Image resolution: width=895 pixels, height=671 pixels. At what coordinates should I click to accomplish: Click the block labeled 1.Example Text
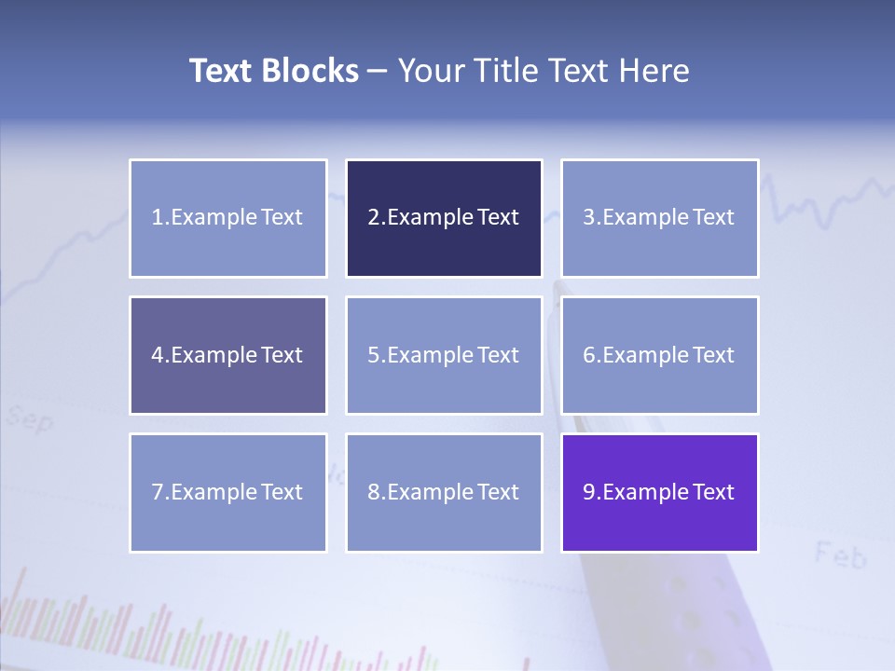pos(227,218)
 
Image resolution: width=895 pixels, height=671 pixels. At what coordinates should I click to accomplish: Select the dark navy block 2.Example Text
pos(444,218)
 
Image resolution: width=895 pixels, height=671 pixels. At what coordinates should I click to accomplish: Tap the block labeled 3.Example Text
pos(659,218)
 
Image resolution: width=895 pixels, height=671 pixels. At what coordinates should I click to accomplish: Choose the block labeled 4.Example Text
pos(227,355)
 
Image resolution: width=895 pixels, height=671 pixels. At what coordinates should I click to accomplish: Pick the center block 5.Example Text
pos(444,355)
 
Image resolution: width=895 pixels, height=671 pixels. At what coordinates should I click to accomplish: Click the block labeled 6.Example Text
pos(659,355)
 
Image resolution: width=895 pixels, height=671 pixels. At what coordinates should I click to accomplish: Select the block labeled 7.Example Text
pos(227,492)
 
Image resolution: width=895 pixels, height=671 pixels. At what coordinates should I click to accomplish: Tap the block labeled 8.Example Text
pos(444,492)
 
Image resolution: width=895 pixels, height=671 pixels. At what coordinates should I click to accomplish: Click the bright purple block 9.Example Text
pos(659,492)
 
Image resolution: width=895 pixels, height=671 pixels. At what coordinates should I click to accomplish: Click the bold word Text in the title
pos(219,71)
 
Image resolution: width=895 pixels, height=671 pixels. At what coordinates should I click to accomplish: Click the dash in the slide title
pos(378,72)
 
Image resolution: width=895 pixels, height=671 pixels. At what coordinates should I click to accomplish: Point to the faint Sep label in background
pos(30,419)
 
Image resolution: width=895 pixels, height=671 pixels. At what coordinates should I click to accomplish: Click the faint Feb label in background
pos(840,555)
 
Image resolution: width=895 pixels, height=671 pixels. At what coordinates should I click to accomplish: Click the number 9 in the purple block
pos(589,492)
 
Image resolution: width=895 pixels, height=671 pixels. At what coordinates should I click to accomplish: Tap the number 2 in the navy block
pos(374,218)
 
